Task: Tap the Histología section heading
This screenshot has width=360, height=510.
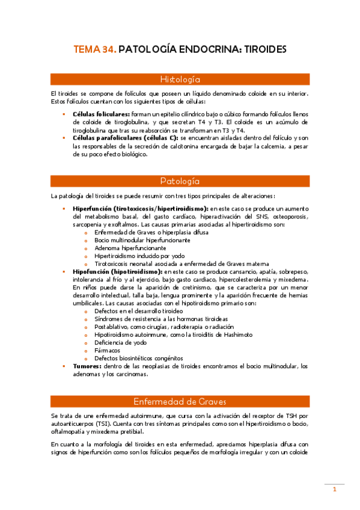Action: point(180,79)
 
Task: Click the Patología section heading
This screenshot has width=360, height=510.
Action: point(180,181)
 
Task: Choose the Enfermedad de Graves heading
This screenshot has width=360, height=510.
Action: point(180,402)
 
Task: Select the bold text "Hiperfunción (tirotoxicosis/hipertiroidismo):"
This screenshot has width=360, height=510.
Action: point(140,208)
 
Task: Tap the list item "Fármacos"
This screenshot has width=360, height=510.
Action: point(107,350)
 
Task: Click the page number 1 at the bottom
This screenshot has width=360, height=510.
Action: point(334,490)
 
